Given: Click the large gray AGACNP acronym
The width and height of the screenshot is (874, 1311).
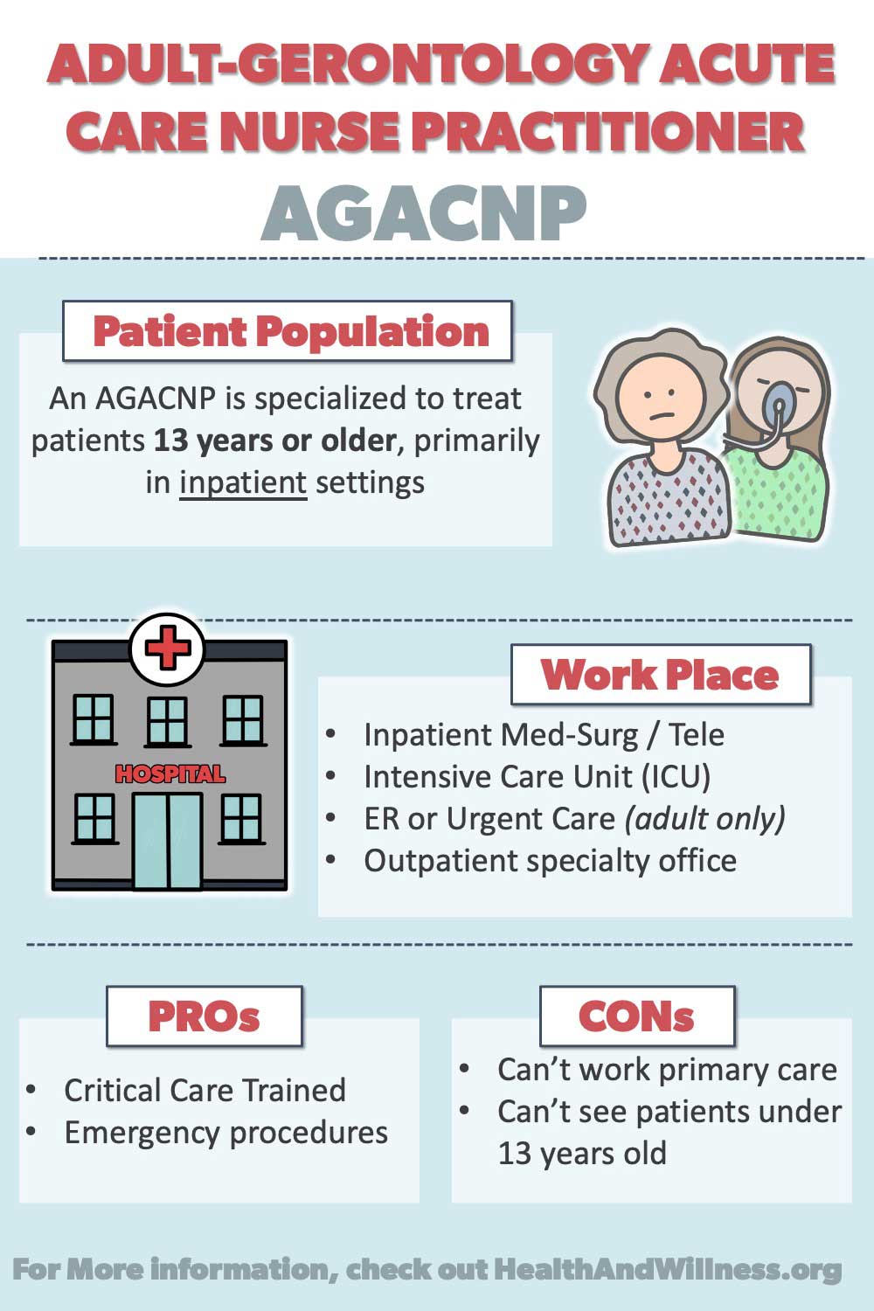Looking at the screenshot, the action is [x=423, y=213].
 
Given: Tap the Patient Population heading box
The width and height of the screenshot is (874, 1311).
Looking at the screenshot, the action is [x=288, y=330].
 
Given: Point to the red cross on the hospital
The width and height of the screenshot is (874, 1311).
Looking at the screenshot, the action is [x=168, y=647].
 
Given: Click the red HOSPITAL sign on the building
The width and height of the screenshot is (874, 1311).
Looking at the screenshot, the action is [x=170, y=774].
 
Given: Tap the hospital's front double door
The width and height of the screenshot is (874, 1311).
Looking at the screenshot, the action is [x=168, y=841].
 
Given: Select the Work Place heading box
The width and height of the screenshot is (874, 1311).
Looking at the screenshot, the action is [x=661, y=674].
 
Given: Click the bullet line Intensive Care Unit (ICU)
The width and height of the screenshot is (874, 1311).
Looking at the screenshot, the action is [x=537, y=777].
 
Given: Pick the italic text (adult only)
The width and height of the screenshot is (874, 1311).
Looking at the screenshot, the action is [x=704, y=819].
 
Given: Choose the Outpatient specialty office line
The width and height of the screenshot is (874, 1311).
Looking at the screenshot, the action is [x=551, y=861].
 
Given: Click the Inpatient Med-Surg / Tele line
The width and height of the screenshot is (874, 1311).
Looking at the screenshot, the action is [x=544, y=734].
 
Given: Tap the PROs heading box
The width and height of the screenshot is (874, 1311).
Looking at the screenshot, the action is [x=205, y=1016].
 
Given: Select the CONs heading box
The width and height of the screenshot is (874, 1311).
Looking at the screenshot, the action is [x=637, y=1016].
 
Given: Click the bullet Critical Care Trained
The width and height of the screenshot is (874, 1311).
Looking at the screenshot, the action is [x=205, y=1090].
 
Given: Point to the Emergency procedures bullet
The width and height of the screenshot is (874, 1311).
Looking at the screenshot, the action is [x=226, y=1133].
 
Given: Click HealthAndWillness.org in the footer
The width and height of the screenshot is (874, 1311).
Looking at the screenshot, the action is [x=668, y=1269].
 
